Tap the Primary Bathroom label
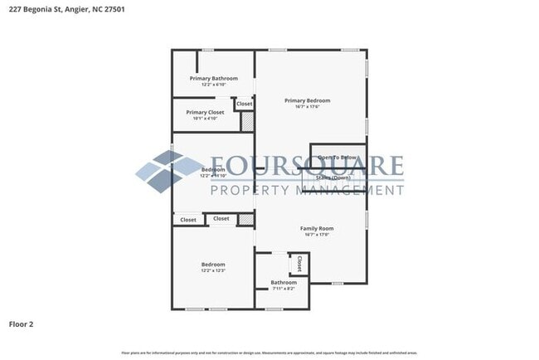[x=213, y=79]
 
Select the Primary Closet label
[x=205, y=112]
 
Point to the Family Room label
[x=317, y=228]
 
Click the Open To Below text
[x=337, y=158]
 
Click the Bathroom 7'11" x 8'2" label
[x=284, y=283]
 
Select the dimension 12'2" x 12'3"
[x=213, y=271]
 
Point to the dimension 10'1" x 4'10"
[x=205, y=119]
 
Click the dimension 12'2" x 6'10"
[x=213, y=85]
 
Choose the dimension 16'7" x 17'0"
[x=317, y=235]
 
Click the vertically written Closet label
[x=299, y=264]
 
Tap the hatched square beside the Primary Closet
[x=246, y=122]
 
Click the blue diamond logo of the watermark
[x=166, y=171]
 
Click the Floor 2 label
[x=22, y=324]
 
